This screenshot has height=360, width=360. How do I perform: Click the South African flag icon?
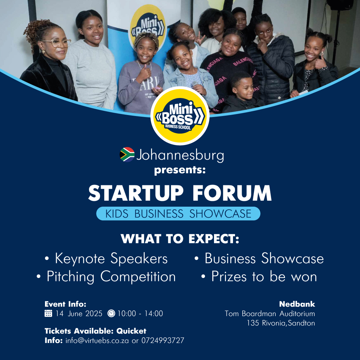127,155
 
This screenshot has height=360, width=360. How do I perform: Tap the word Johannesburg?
180,155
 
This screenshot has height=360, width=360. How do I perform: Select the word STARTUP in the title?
136,193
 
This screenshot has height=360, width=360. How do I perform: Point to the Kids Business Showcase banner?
178,214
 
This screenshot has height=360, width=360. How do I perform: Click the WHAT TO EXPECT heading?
180,239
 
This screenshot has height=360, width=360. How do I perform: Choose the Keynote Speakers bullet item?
106,259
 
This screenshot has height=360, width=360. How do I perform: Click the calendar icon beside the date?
48,313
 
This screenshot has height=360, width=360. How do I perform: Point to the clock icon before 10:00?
111,313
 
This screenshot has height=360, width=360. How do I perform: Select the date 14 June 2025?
79,313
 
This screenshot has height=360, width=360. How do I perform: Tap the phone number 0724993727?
163,340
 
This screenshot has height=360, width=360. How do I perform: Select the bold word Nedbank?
297,304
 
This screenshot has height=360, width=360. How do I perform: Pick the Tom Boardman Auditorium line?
270,314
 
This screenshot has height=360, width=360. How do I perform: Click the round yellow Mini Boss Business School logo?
180,116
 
